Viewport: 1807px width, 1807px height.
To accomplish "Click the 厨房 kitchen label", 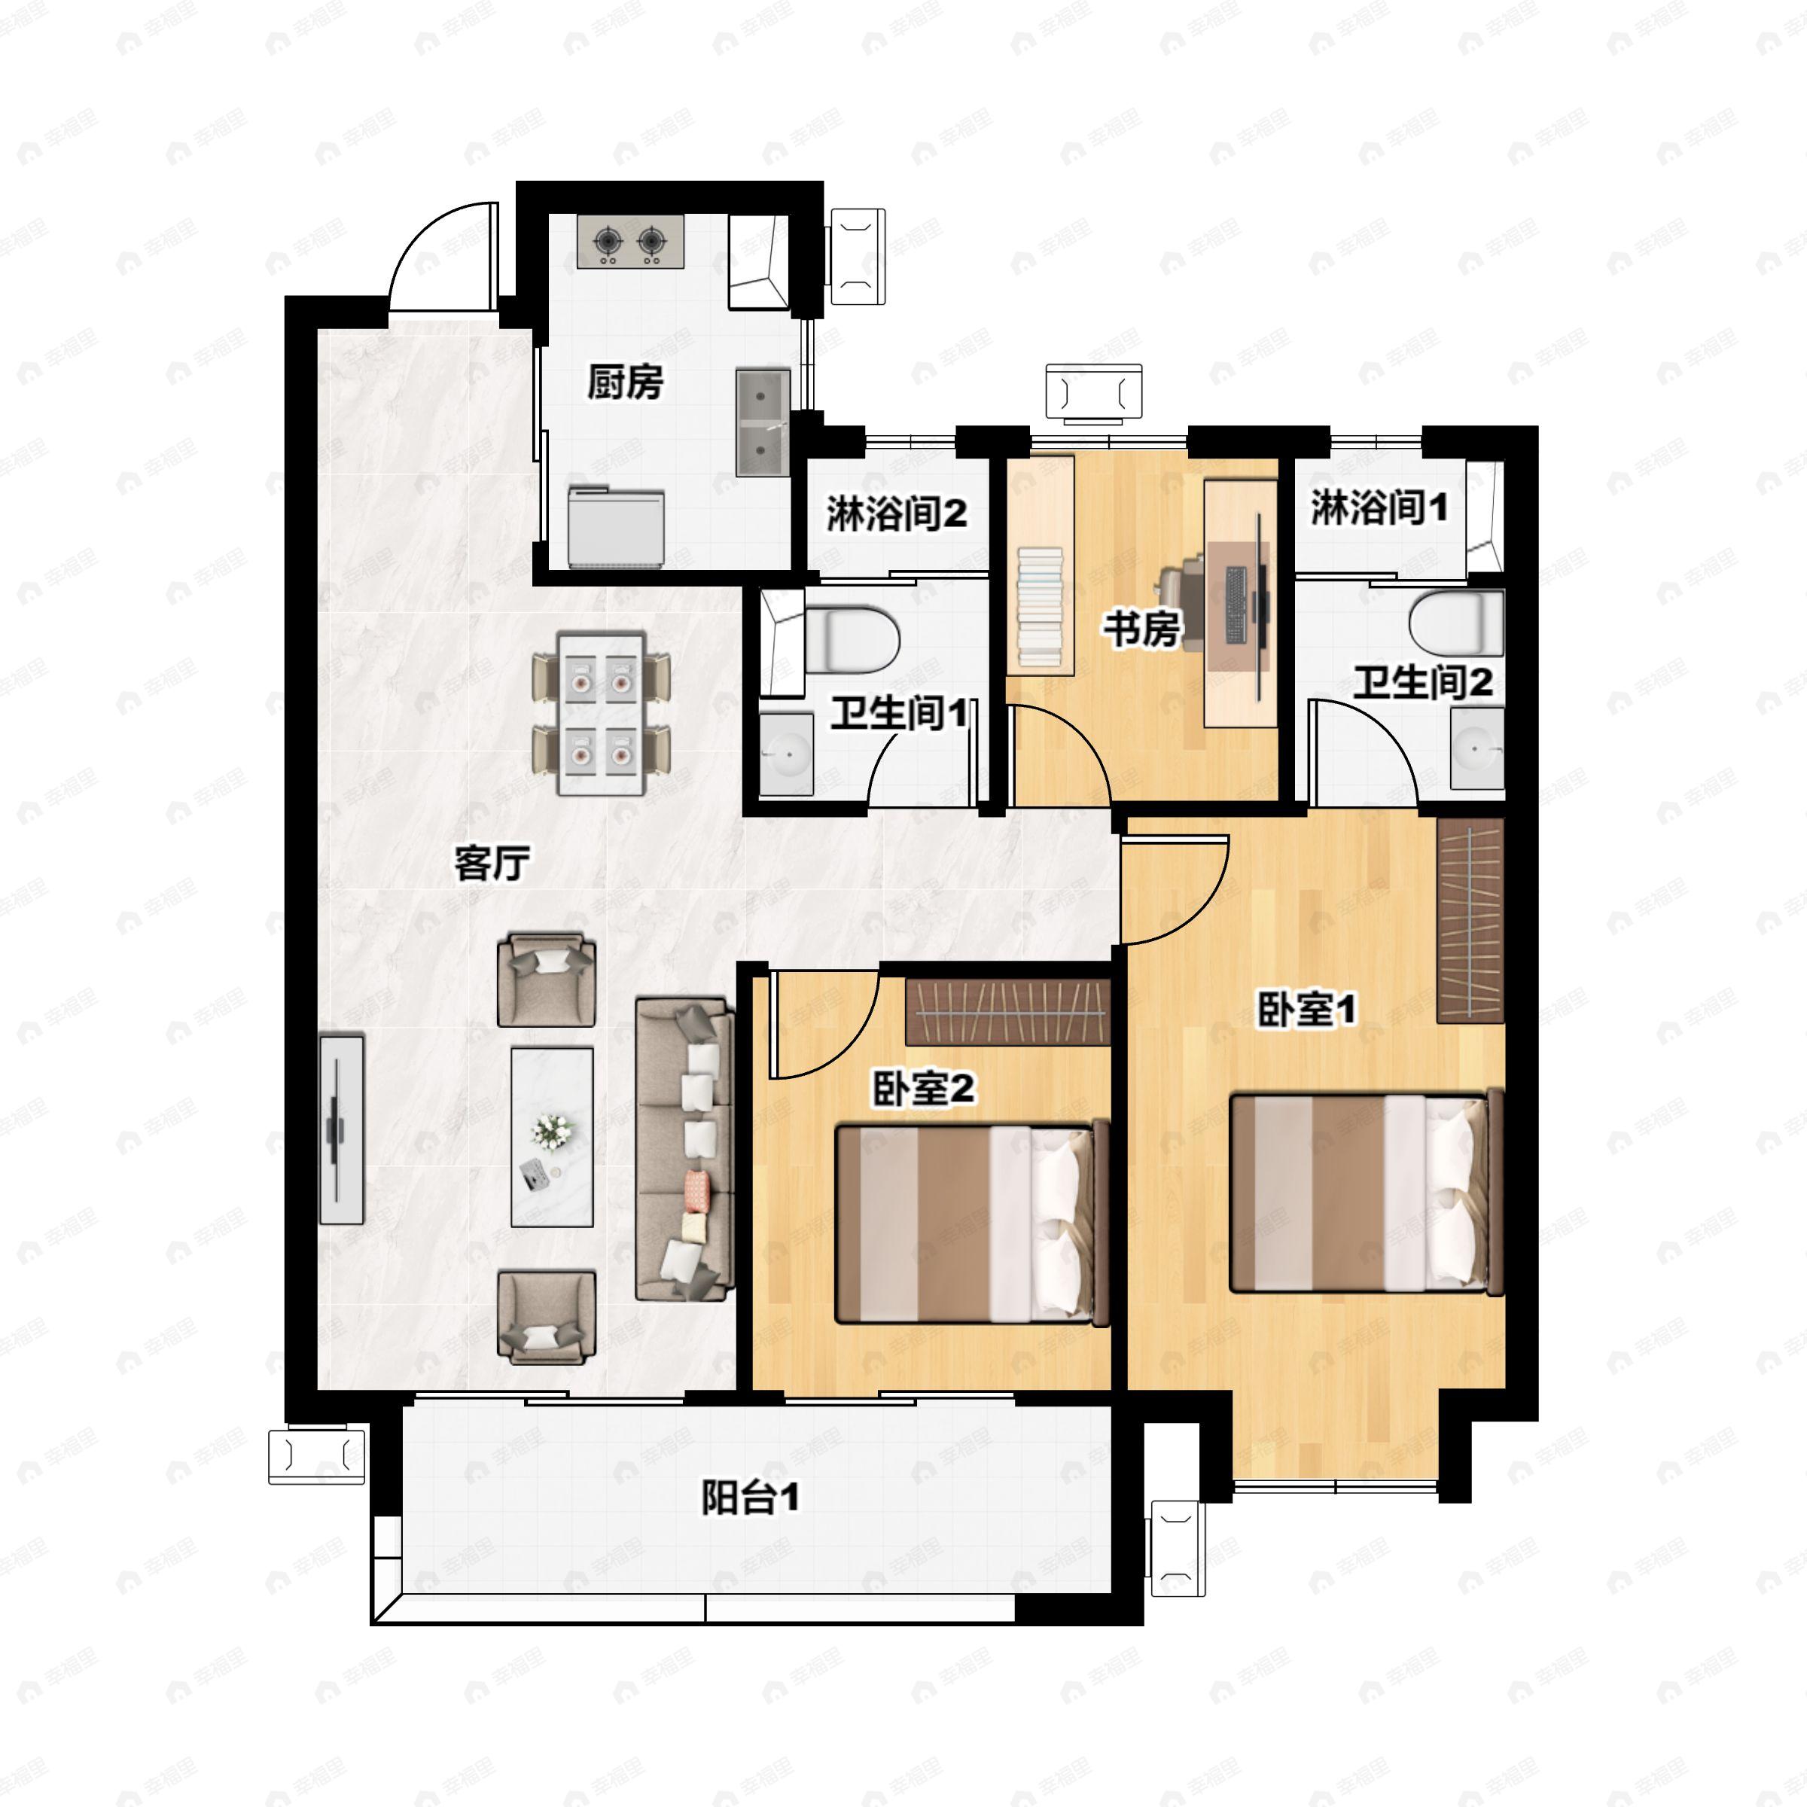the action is tap(625, 382).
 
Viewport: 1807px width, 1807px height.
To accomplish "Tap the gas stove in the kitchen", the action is tap(629, 242).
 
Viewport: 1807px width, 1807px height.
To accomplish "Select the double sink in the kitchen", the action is tap(762, 422).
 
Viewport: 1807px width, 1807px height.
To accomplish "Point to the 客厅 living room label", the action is tap(492, 862).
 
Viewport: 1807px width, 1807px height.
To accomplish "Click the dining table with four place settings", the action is tap(601, 714).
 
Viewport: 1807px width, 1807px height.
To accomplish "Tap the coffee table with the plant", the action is tap(552, 1136).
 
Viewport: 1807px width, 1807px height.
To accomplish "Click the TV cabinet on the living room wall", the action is tap(341, 1128).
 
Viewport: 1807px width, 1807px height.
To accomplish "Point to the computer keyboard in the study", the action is tap(1236, 606).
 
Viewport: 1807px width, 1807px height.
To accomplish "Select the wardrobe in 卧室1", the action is tap(1470, 920).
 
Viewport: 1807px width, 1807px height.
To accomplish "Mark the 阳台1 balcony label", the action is tap(750, 1498).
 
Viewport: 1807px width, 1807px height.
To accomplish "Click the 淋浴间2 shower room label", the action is tap(896, 513).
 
